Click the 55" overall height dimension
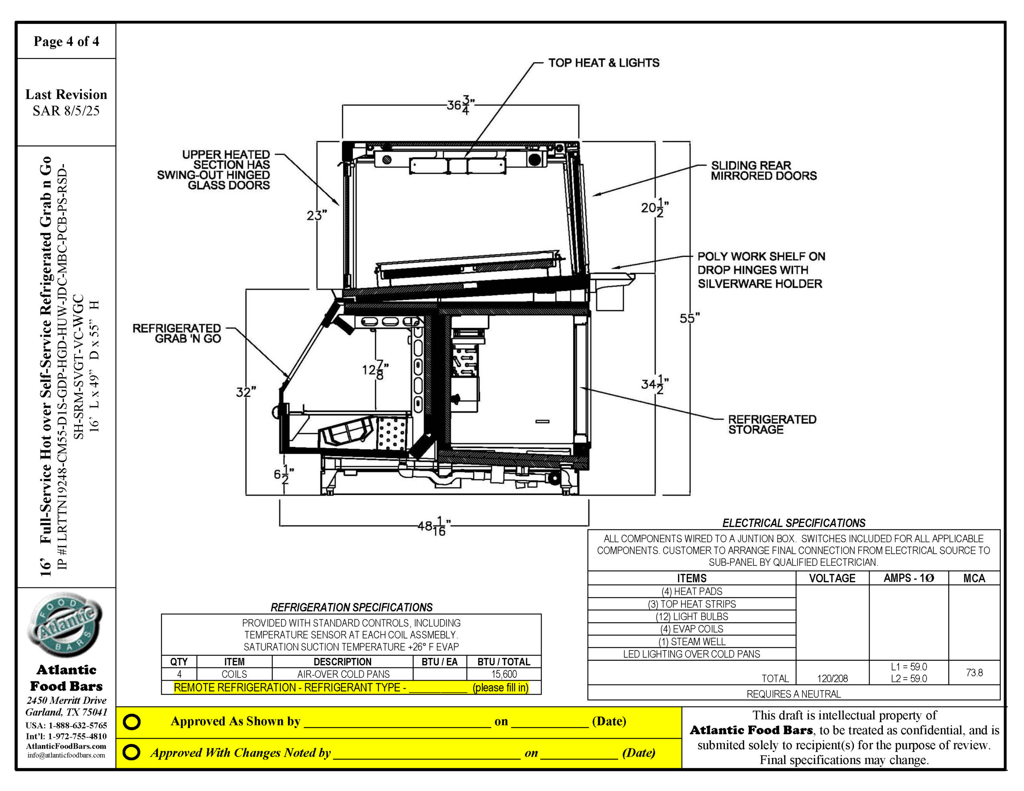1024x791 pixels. click(x=689, y=318)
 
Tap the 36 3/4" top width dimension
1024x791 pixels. click(x=460, y=106)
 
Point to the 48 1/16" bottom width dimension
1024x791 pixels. click(x=434, y=526)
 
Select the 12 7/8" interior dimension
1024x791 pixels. click(x=375, y=370)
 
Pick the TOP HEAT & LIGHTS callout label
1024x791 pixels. click(x=604, y=63)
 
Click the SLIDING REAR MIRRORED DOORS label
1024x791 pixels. click(x=763, y=171)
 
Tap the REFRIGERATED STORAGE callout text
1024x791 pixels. click(x=772, y=424)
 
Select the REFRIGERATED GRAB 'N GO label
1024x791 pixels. click(x=177, y=334)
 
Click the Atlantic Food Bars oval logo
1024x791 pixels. click(x=65, y=625)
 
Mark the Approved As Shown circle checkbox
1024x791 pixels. click(x=132, y=721)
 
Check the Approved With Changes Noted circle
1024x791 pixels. click(x=132, y=753)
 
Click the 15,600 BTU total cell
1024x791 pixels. click(x=504, y=674)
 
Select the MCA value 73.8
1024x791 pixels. click(x=974, y=672)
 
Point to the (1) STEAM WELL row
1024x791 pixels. click(x=692, y=641)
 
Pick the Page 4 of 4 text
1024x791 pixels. click(x=66, y=41)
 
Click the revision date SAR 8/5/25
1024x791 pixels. click(x=66, y=111)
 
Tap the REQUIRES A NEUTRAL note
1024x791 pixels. click(x=793, y=694)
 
